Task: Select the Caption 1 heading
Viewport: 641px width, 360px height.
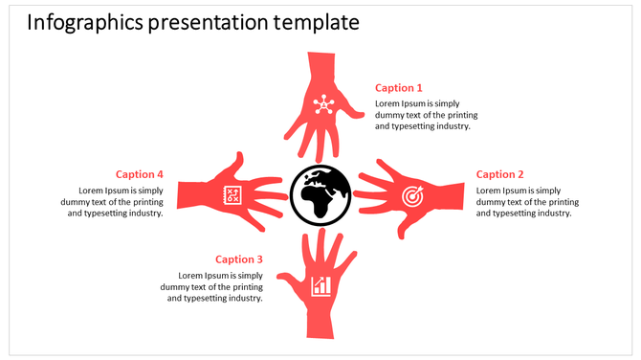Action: coord(398,87)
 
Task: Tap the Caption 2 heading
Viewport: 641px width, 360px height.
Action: coord(500,174)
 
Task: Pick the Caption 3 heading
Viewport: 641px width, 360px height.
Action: coord(238,259)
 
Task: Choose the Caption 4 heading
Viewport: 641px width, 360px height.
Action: coord(140,174)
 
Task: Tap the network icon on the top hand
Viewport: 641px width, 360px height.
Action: coord(321,102)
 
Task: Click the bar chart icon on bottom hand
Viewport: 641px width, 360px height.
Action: coord(321,285)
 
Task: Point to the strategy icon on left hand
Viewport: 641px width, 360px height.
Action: coord(231,194)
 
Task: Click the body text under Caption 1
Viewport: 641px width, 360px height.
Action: coord(422,114)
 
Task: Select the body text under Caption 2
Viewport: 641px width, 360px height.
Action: coord(527,201)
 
